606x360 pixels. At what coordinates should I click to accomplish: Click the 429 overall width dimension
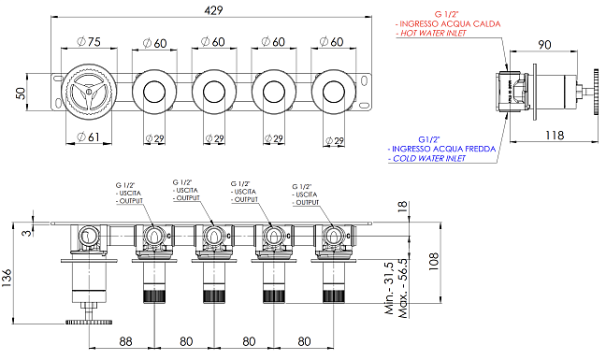click(x=214, y=10)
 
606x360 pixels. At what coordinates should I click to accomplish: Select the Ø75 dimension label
click(x=89, y=42)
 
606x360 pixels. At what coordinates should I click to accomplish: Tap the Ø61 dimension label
click(x=88, y=137)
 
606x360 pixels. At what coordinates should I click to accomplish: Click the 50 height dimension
click(x=21, y=94)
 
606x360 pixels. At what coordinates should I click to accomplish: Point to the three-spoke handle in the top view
click(x=89, y=93)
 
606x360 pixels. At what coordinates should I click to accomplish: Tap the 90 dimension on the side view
click(x=544, y=45)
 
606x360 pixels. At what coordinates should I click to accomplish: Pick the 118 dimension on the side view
click(x=555, y=136)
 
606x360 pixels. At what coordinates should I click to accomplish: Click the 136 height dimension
click(x=7, y=278)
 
